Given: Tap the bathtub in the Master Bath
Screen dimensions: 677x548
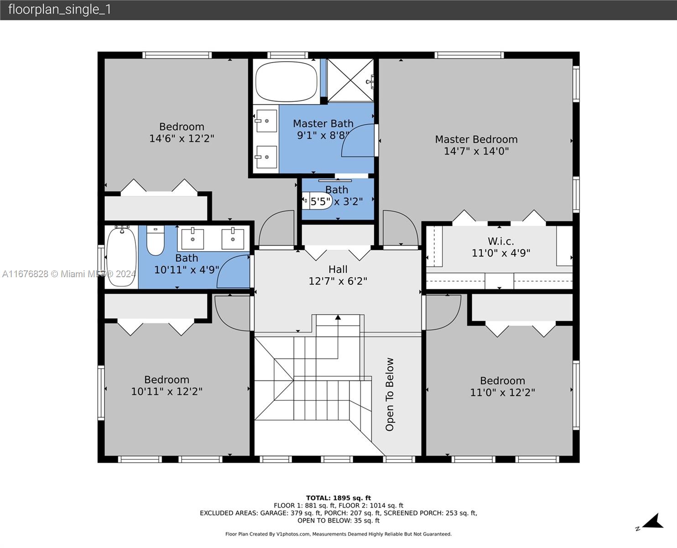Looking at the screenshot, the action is point(286,81).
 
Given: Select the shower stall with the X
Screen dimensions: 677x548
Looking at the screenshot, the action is point(350,80).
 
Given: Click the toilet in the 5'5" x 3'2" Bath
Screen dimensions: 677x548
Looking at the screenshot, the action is point(317,200).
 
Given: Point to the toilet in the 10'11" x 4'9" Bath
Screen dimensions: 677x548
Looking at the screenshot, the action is point(156,240).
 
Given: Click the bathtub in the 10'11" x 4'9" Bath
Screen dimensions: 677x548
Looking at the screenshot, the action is point(121,256).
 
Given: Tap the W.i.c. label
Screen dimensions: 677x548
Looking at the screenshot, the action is point(501,242).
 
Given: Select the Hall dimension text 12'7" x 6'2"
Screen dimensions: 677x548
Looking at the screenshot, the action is point(338,281).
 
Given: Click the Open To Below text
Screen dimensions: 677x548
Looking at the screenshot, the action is point(390,394).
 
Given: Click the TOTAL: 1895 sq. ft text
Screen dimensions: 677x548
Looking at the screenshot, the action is point(338,498).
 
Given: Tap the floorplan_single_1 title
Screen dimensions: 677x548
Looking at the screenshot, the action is point(60,10).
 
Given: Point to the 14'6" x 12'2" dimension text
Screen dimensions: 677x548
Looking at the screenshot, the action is point(182,138).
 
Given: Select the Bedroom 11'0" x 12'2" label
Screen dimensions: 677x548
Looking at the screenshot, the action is point(503,386).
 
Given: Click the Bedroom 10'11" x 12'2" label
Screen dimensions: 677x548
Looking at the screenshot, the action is point(167,385).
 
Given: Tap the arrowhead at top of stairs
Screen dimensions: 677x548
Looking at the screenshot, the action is point(338,317).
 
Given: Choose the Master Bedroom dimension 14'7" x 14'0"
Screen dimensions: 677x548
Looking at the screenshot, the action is point(476,151).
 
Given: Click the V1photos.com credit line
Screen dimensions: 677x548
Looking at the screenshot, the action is point(338,534).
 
